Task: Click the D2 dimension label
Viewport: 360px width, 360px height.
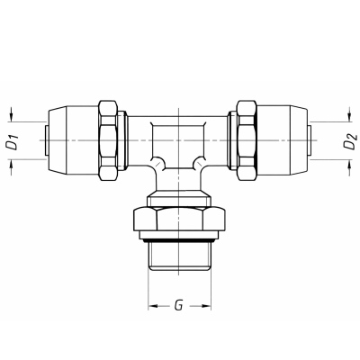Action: point(350,141)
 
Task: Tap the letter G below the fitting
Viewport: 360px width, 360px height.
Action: point(178,305)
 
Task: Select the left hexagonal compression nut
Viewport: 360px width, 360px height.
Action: point(108,140)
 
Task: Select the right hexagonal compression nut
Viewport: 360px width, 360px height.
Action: point(247,140)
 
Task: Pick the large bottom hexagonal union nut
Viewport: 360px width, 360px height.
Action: point(179,220)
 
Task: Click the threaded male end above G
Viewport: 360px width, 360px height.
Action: point(179,256)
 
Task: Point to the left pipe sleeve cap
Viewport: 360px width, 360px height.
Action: point(73,140)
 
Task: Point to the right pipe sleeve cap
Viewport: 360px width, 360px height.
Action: point(283,140)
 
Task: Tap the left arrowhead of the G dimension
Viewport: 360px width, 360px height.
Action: point(153,306)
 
